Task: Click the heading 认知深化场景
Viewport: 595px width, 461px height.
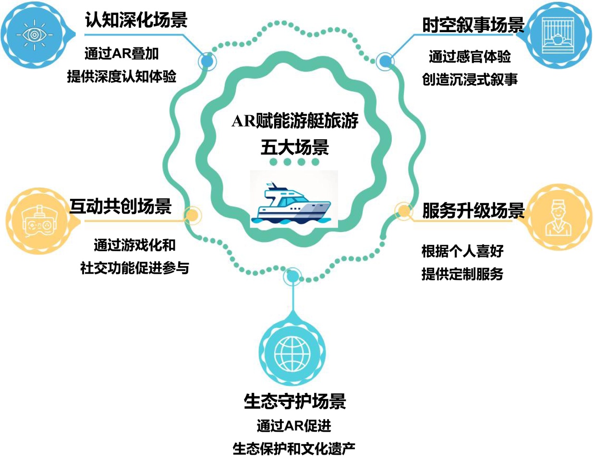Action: [136, 20]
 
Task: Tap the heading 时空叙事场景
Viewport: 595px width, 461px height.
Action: [473, 25]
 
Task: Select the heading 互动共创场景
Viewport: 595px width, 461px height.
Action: [121, 206]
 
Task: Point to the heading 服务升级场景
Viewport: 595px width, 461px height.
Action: [473, 211]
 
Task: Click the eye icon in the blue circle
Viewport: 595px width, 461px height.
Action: [34, 35]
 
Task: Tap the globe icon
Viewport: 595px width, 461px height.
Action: [293, 353]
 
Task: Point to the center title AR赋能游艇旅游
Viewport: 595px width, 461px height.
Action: [295, 121]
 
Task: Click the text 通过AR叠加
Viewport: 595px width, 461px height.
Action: [121, 54]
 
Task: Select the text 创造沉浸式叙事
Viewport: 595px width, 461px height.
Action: [470, 79]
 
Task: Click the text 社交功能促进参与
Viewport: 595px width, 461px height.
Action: [134, 268]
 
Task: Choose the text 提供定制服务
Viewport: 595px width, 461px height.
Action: [462, 274]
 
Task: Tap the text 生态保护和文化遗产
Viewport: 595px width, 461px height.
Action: [294, 449]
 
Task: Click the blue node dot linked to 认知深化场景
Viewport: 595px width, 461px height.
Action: [207, 61]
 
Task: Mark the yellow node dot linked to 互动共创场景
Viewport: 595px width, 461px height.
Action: [192, 215]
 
